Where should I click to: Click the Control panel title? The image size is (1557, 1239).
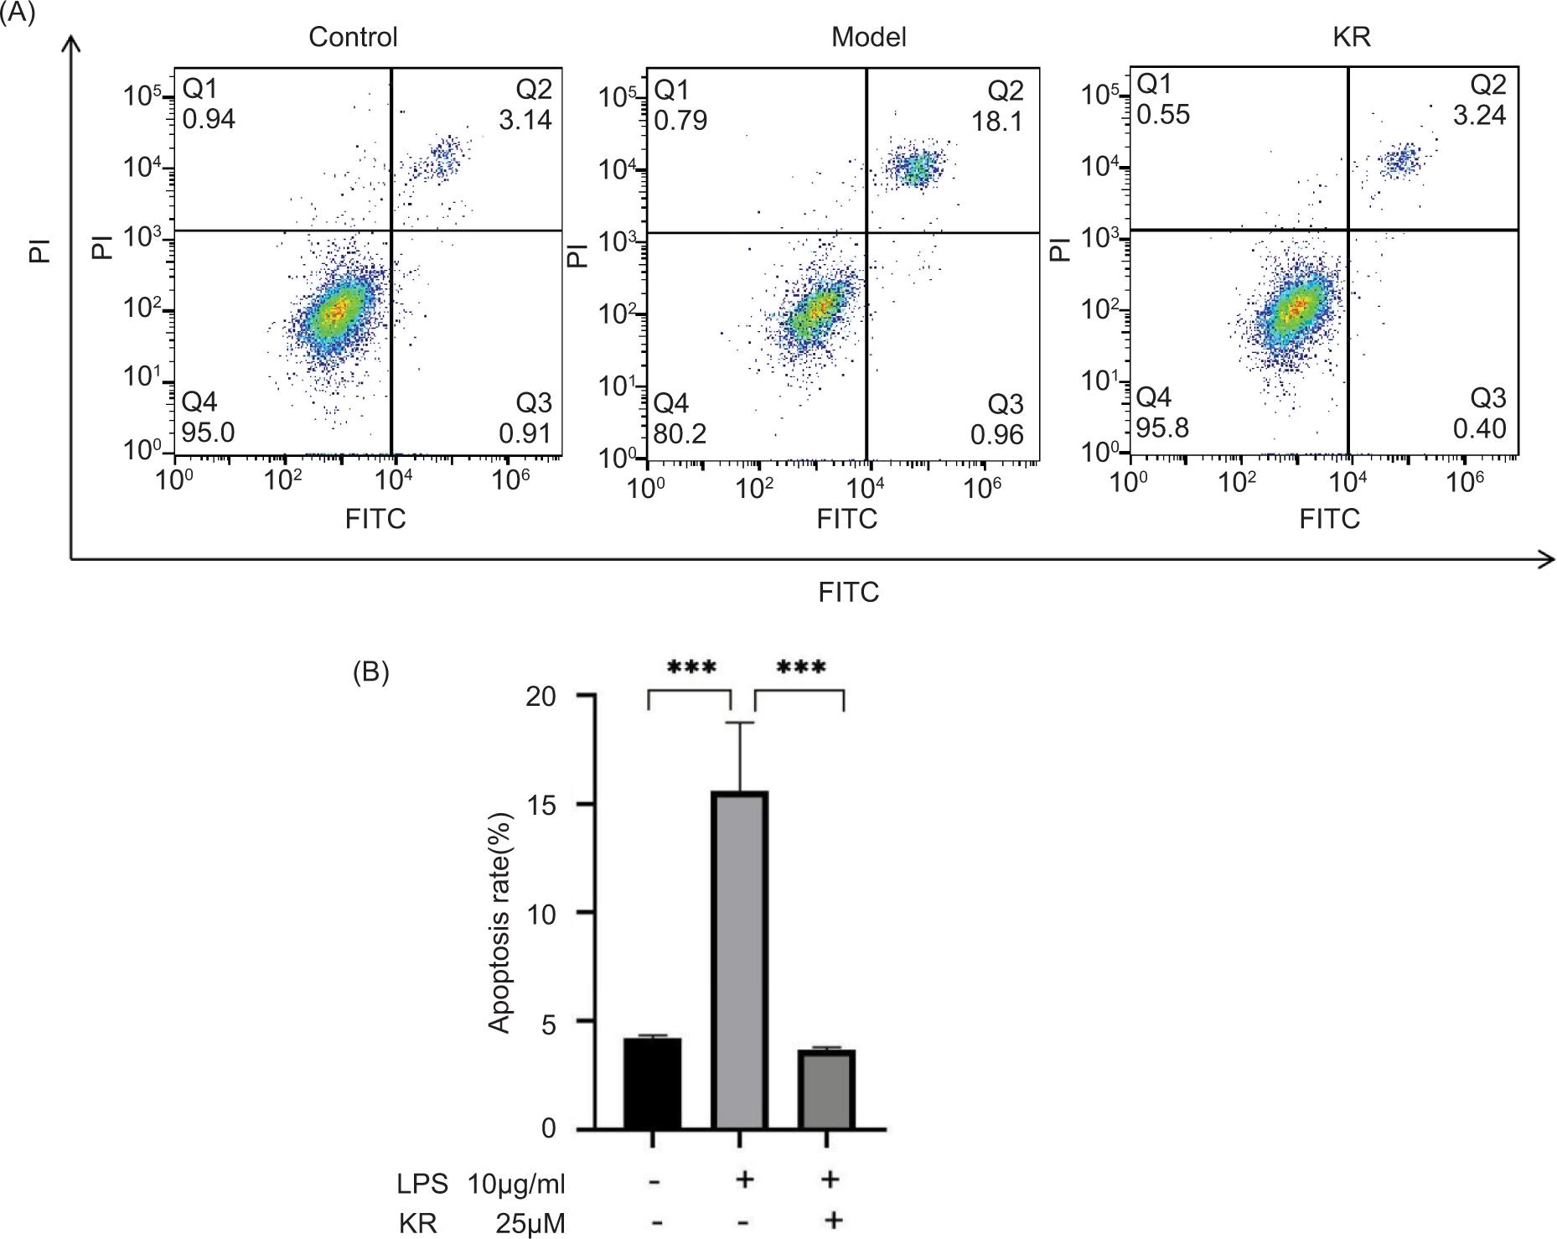[x=353, y=37]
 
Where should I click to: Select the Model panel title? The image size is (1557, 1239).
[x=868, y=37]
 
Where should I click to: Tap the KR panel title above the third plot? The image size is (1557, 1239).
[x=1351, y=37]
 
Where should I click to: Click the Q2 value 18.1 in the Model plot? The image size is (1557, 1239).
[x=997, y=122]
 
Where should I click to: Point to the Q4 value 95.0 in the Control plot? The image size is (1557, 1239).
[x=209, y=433]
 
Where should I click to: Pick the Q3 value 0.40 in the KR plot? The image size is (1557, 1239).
[x=1480, y=428]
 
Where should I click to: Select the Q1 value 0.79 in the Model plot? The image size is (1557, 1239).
[x=680, y=121]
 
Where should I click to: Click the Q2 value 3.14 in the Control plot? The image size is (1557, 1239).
[x=525, y=120]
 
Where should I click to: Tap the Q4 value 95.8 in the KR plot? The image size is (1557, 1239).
[x=1162, y=428]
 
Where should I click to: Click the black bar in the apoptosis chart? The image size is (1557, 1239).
[x=652, y=1082]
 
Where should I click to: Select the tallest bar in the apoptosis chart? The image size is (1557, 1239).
[x=740, y=960]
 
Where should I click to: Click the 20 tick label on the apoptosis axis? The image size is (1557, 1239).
[x=541, y=697]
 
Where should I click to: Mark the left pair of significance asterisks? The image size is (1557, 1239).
[x=691, y=668]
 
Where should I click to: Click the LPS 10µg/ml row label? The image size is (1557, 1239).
[x=481, y=1185]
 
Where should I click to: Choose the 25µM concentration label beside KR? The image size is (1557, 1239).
[x=528, y=1223]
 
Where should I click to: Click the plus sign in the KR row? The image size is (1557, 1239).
[x=832, y=1220]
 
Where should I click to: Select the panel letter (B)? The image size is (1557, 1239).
[x=371, y=673]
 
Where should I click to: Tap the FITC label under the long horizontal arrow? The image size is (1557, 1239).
[x=848, y=593]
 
